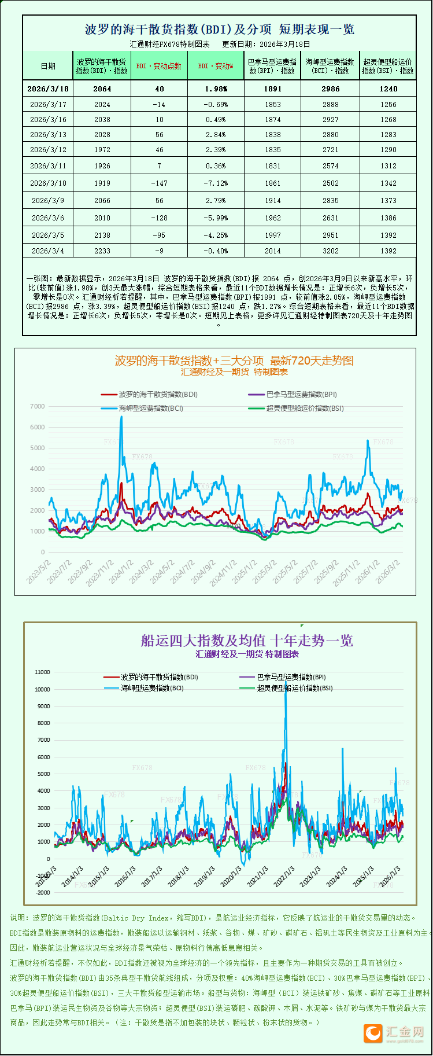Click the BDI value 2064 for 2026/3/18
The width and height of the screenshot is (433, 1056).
click(x=102, y=89)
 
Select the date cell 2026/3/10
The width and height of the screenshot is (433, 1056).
click(x=48, y=183)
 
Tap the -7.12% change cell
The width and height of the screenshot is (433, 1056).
click(x=216, y=183)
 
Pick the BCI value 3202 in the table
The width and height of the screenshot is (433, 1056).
click(x=331, y=251)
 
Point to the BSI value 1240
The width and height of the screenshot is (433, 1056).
click(x=388, y=89)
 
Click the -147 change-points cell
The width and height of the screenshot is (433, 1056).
click(x=160, y=183)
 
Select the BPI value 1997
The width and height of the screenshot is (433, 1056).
click(x=273, y=236)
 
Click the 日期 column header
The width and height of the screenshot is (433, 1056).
click(x=48, y=66)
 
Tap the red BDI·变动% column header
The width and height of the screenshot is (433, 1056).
click(x=216, y=66)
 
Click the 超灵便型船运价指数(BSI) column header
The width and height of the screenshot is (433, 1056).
click(x=388, y=66)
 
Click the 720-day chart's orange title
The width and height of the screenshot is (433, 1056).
click(x=234, y=361)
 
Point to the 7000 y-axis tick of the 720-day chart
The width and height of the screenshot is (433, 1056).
click(x=37, y=406)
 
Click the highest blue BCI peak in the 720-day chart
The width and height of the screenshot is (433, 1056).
click(x=121, y=417)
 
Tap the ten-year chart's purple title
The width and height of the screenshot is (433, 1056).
click(x=247, y=641)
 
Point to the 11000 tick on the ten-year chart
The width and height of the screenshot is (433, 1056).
click(x=42, y=672)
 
